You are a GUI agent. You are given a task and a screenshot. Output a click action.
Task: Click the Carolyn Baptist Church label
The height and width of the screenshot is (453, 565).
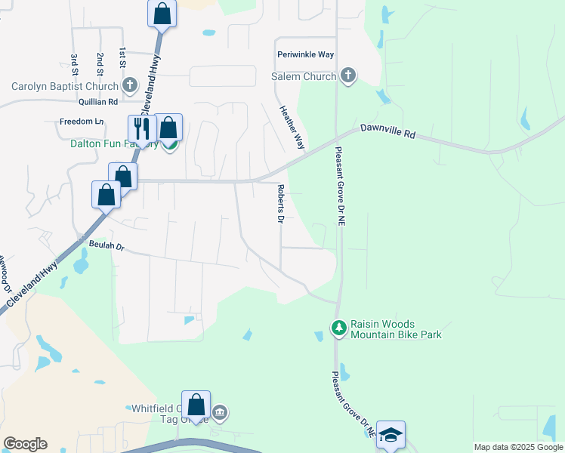click(x=64, y=85)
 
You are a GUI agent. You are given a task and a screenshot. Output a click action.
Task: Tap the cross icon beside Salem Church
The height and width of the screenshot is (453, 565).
click(x=347, y=75)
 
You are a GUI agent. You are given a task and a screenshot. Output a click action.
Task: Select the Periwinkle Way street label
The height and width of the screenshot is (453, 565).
click(x=305, y=55)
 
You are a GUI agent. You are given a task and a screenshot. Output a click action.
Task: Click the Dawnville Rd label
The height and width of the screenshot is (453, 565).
click(x=387, y=133)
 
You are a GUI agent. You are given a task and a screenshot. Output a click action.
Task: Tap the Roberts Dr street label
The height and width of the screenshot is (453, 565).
click(x=279, y=204)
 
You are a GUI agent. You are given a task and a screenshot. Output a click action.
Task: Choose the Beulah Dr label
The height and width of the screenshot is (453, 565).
click(x=106, y=246)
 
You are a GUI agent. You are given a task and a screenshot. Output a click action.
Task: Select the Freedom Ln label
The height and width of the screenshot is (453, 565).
click(x=82, y=122)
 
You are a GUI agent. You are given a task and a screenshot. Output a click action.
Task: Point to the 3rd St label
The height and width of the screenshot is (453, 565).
click(x=74, y=65)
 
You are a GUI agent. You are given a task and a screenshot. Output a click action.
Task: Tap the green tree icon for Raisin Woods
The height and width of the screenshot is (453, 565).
click(x=339, y=328)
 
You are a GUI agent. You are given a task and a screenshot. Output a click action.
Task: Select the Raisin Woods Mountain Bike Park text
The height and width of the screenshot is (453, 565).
click(x=396, y=328)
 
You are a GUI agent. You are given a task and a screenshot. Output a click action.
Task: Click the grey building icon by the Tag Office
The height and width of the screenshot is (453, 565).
click(x=220, y=412)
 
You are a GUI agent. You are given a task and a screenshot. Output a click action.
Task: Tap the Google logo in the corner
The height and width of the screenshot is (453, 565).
click(x=25, y=444)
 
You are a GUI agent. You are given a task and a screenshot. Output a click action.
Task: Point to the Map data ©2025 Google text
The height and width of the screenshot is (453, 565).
click(x=517, y=447)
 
